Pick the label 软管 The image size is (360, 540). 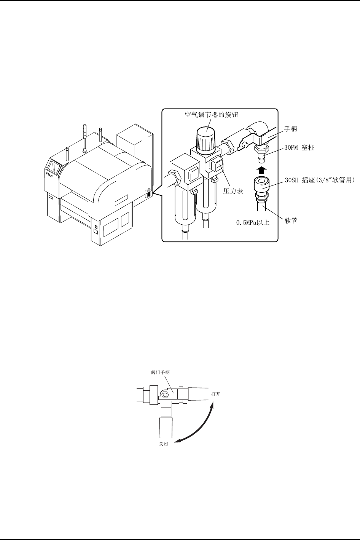pos(291,220)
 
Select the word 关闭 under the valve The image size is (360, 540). pos(163,444)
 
